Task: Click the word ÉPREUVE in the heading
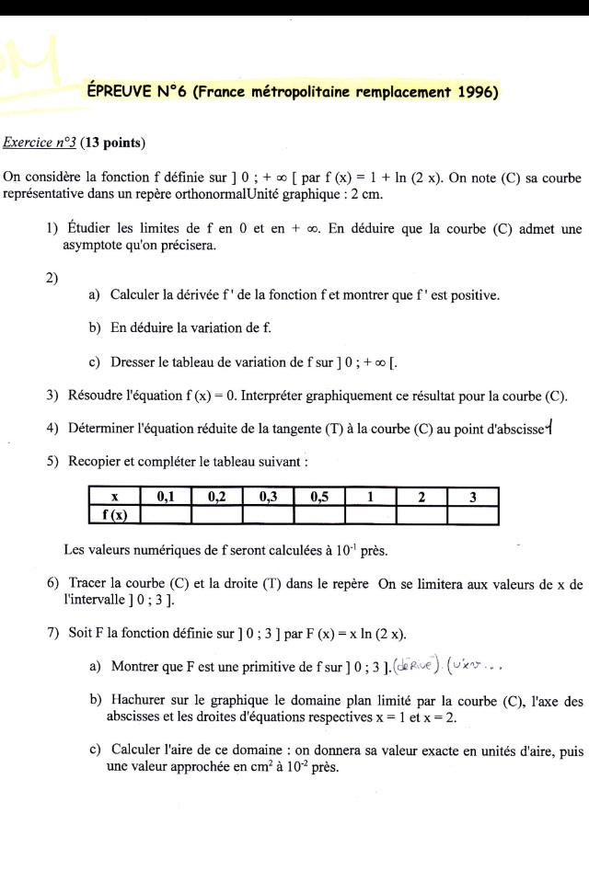point(118,92)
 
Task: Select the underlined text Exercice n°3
point(40,143)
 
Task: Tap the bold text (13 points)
point(114,143)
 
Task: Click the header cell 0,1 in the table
point(166,498)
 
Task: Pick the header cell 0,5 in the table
point(319,498)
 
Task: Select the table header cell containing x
point(115,498)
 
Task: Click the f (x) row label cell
point(115,515)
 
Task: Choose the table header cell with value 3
point(472,498)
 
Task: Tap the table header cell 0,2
point(217,498)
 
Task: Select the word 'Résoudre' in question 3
point(98,396)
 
